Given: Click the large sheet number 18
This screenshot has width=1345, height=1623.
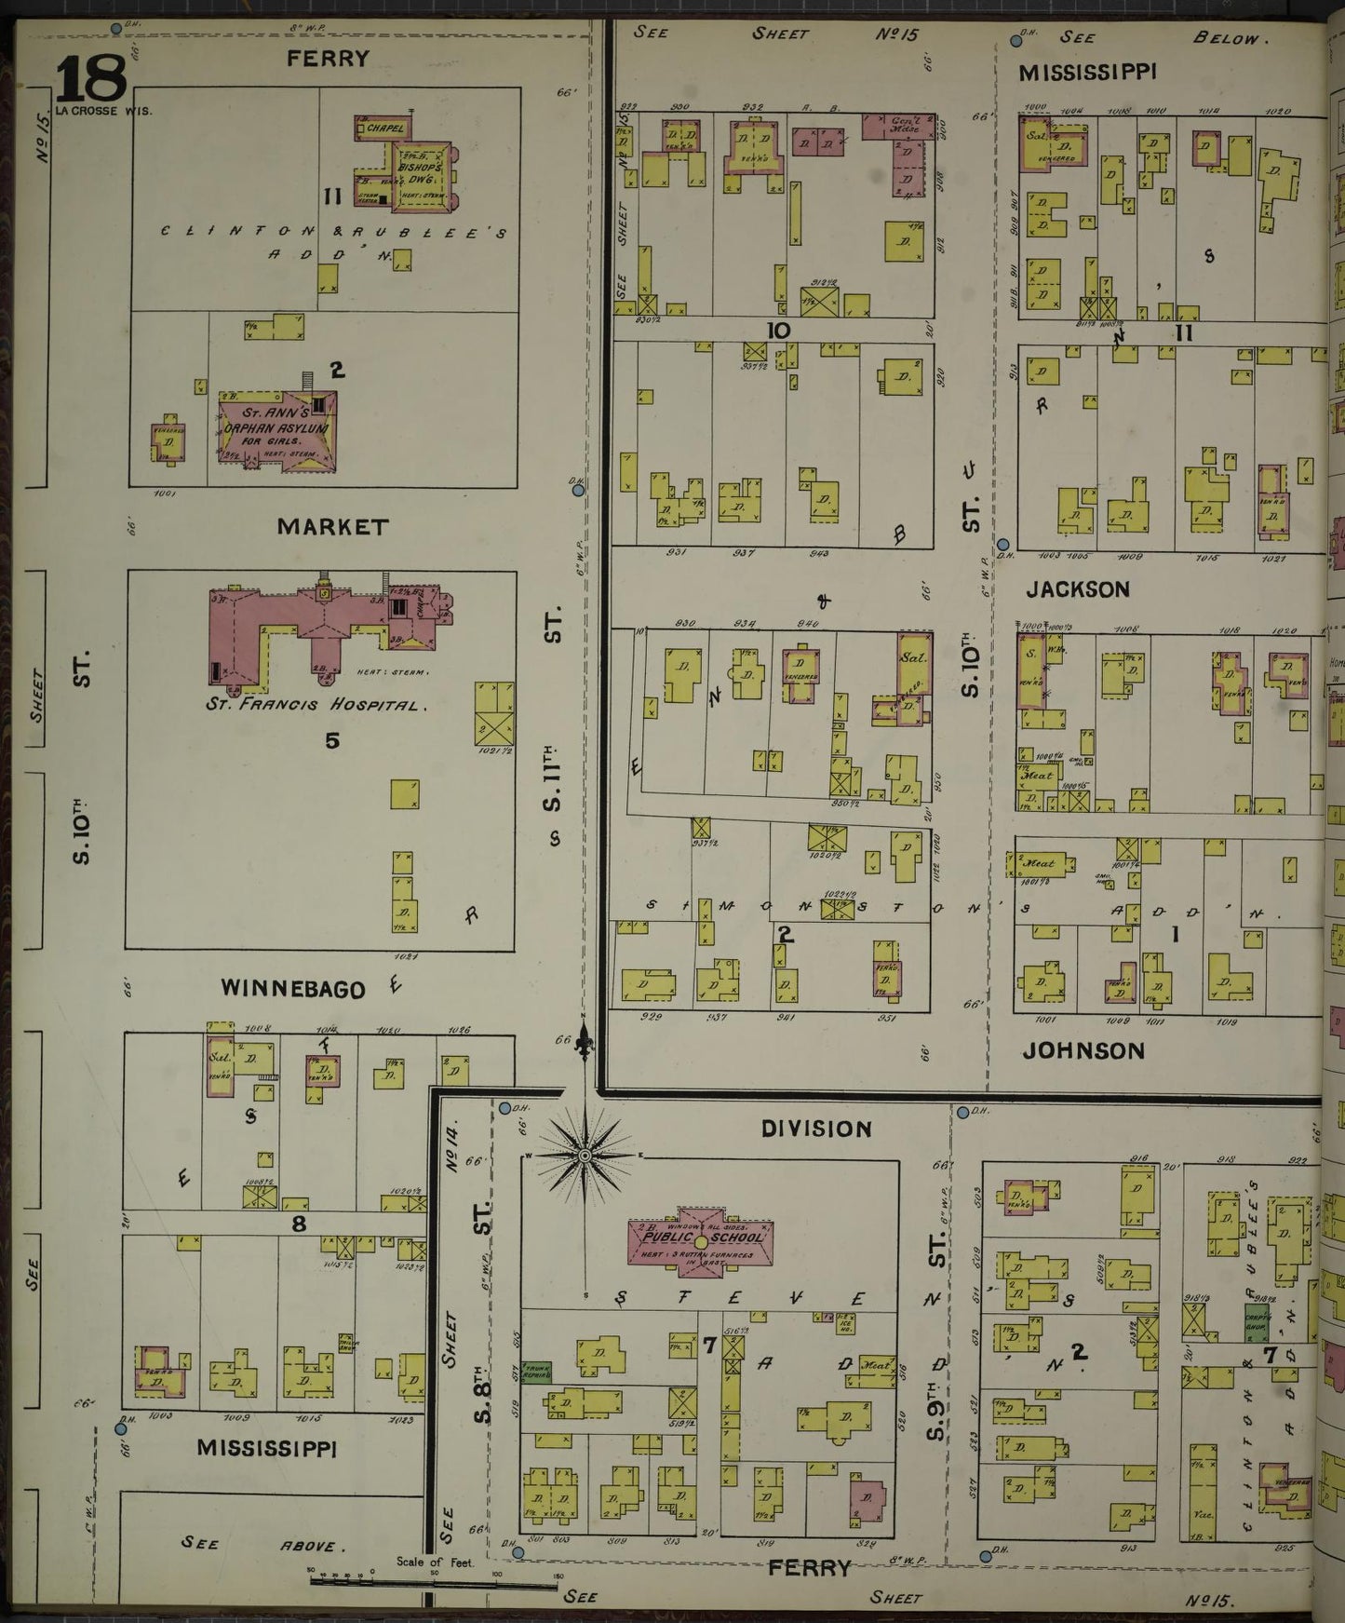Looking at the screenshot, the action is click(x=90, y=78).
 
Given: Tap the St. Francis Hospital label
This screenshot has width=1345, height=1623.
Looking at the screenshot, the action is click(x=316, y=705).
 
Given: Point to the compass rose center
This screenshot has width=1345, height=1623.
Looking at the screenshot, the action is click(x=585, y=1156).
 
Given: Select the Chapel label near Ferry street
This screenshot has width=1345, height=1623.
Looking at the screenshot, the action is click(x=383, y=128).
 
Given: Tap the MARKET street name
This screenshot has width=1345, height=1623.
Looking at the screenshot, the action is click(x=332, y=527).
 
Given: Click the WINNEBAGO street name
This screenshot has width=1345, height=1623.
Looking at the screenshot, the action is click(x=292, y=989).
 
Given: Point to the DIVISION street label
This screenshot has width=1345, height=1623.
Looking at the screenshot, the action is click(x=816, y=1129).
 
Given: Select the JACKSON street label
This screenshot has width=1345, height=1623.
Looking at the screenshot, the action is click(x=1078, y=589).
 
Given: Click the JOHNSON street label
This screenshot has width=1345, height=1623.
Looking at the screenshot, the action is click(x=1083, y=1050).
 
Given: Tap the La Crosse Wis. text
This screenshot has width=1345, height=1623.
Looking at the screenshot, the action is click(x=103, y=110).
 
